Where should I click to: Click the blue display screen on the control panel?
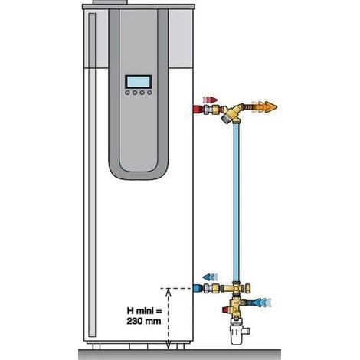tap(138, 82)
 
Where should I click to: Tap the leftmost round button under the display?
tap(127, 93)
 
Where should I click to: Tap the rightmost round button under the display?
tap(149, 93)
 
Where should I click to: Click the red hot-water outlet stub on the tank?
tap(198, 110)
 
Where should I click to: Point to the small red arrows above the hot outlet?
tap(210, 100)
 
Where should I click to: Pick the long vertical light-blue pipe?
tap(237, 201)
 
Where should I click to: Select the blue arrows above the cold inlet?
tap(210, 277)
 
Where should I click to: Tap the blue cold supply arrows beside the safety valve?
tap(263, 303)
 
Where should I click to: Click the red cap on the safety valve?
tap(226, 310)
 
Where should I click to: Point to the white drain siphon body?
tap(236, 334)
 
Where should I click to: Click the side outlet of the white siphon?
tap(246, 331)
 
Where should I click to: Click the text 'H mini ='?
tap(144, 311)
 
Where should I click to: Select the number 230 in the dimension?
tap(135, 321)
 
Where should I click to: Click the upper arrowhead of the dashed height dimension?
tap(168, 292)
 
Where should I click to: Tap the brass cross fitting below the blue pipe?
tap(237, 288)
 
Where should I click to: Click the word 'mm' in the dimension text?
tap(153, 322)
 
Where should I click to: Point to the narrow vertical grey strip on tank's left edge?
tap(92, 175)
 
